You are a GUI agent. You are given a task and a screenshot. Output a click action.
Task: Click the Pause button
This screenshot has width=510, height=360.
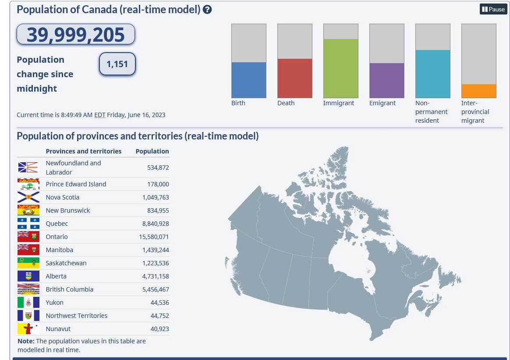pyautogui.click(x=493, y=9)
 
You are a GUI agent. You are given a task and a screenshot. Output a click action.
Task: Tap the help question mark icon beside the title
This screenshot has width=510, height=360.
pyautogui.click(x=207, y=9)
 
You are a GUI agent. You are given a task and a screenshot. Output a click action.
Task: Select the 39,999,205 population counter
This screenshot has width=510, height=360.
pyautogui.click(x=76, y=35)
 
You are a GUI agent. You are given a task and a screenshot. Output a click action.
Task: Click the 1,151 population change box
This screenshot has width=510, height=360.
pyautogui.click(x=117, y=64)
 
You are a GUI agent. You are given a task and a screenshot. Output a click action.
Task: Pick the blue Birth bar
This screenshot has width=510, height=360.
pyautogui.click(x=248, y=80)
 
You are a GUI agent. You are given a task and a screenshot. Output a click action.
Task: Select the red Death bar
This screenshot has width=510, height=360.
pyautogui.click(x=294, y=78)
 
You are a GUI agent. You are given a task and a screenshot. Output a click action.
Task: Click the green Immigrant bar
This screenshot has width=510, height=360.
pyautogui.click(x=340, y=68)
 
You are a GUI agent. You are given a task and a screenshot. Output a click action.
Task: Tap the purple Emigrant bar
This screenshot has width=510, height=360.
pyautogui.click(x=386, y=80)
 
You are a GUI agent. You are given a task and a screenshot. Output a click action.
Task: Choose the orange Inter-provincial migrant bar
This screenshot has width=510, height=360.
pyautogui.click(x=478, y=91)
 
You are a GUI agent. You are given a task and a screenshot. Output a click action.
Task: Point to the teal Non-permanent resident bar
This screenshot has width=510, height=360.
pyautogui.click(x=432, y=74)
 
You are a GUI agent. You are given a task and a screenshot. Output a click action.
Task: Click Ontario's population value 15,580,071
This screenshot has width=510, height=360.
pyautogui.click(x=154, y=237)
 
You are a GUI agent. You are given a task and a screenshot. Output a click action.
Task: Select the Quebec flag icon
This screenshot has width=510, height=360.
pyautogui.click(x=28, y=224)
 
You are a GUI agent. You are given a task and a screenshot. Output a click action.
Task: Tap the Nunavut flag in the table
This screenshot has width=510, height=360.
pyautogui.click(x=28, y=329)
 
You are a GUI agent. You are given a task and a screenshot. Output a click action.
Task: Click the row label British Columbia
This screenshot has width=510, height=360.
pyautogui.click(x=69, y=289)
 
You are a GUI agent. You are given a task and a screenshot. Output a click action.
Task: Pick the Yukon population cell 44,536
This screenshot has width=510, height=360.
pyautogui.click(x=159, y=303)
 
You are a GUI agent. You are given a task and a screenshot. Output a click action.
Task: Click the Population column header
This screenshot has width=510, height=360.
pyautogui.click(x=152, y=151)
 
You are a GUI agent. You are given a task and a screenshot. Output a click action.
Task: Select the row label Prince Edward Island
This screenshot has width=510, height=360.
pyautogui.click(x=76, y=184)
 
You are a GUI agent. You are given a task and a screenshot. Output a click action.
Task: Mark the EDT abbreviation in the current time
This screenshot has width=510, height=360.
pyautogui.click(x=100, y=115)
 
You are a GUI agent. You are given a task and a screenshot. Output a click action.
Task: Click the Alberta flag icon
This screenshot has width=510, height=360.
pyautogui.click(x=28, y=276)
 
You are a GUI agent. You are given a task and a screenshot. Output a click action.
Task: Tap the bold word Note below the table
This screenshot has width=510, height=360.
pyautogui.click(x=25, y=341)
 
